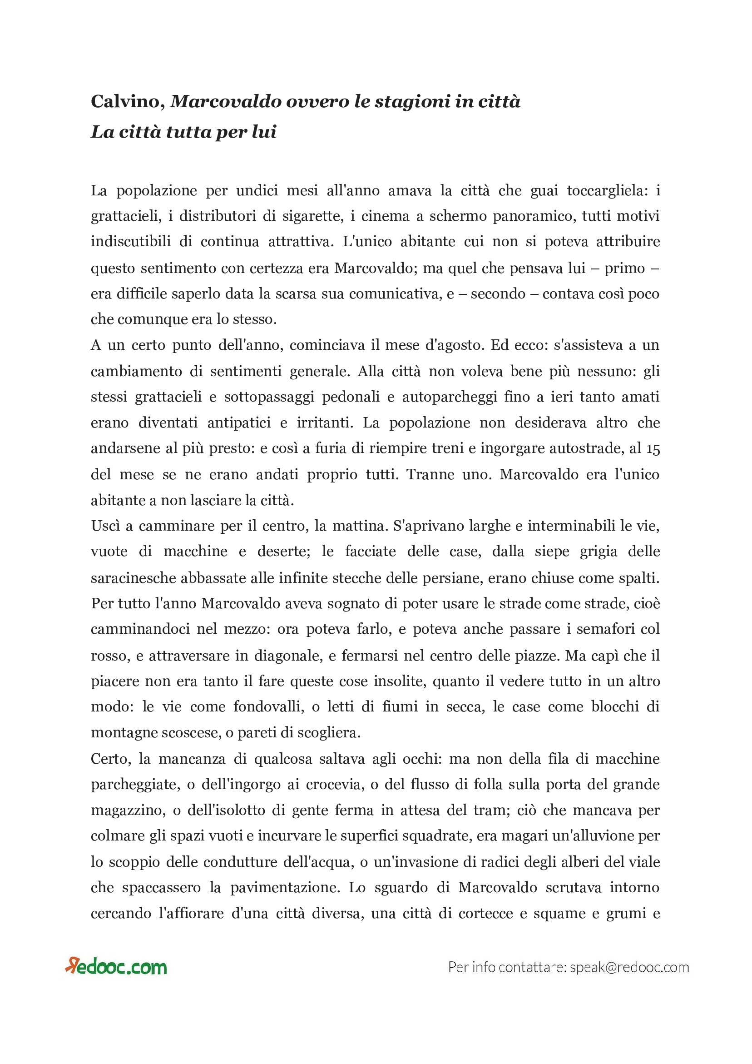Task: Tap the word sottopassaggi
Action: (x=269, y=397)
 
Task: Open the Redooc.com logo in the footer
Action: (x=116, y=967)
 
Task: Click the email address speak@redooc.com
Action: (x=629, y=968)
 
